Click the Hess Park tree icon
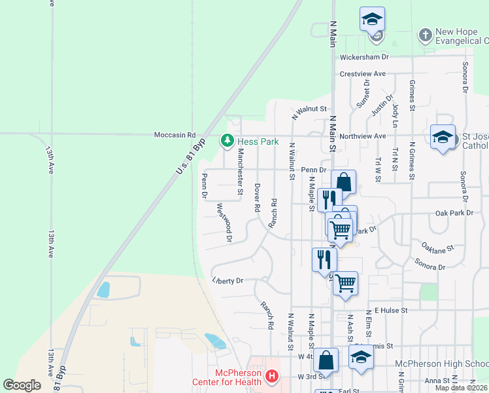(x=228, y=140)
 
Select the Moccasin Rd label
(x=175, y=135)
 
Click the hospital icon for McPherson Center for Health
(x=271, y=377)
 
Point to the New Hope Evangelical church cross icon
(x=425, y=34)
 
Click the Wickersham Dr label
(x=363, y=57)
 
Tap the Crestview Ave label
(x=362, y=73)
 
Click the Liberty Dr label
(x=228, y=280)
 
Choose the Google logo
(x=22, y=385)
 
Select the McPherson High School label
(x=441, y=364)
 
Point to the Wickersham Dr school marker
(x=372, y=20)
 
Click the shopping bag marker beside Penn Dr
(x=343, y=181)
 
